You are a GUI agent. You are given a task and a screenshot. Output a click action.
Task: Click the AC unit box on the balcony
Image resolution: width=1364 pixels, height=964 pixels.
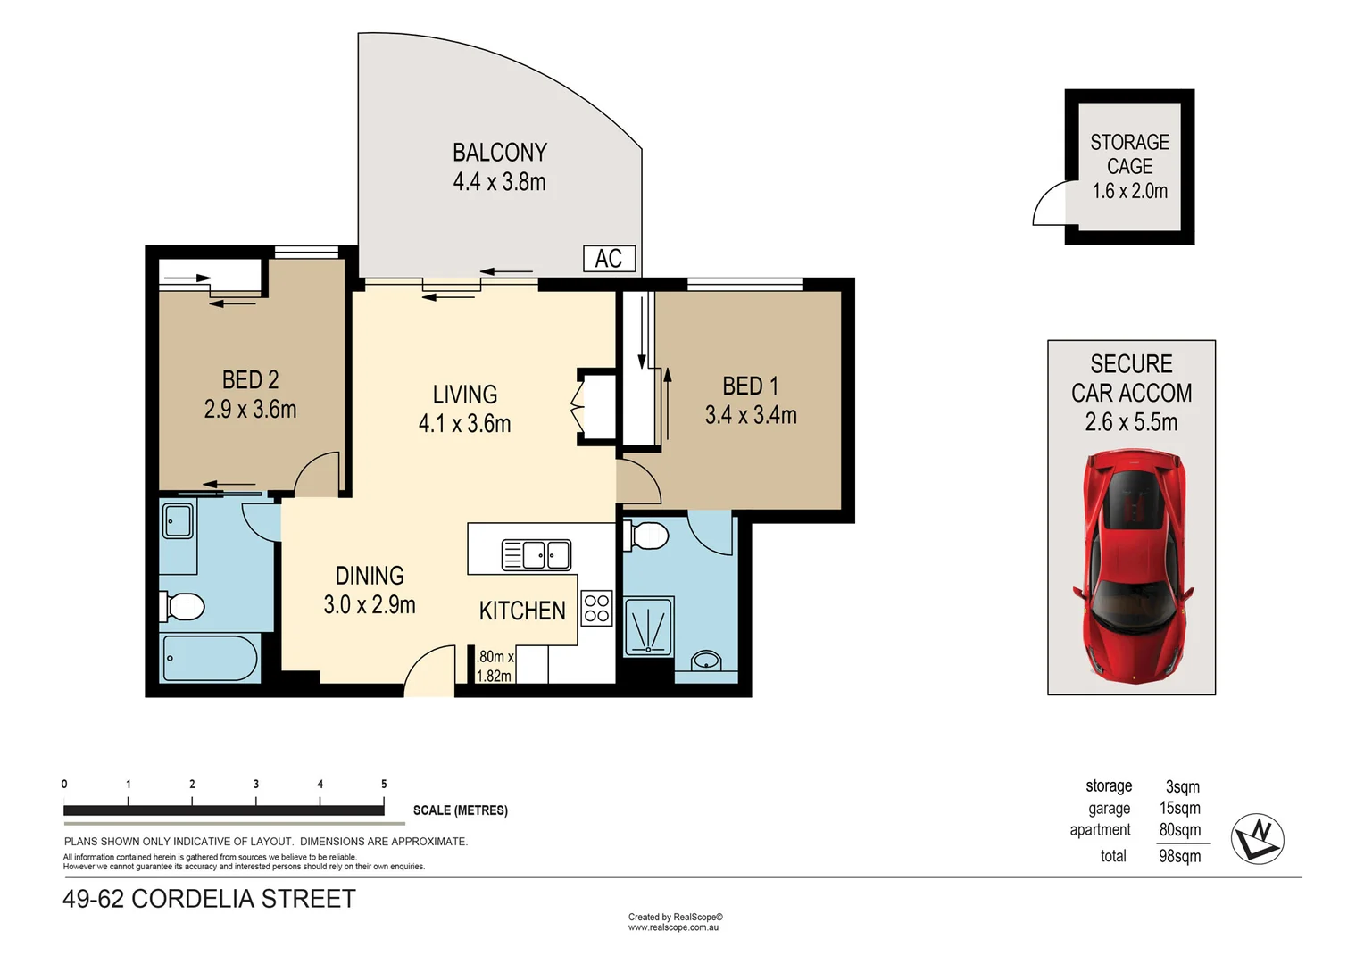[x=609, y=259]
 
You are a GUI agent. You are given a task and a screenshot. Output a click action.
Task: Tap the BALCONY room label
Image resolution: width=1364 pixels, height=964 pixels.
[x=499, y=153]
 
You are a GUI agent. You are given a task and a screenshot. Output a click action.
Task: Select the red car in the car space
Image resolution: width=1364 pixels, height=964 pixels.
[x=1133, y=566]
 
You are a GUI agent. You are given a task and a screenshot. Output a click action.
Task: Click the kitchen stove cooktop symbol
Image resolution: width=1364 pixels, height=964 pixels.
[x=596, y=608]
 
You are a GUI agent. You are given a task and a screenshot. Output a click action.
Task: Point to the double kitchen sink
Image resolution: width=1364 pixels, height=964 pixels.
[x=536, y=554]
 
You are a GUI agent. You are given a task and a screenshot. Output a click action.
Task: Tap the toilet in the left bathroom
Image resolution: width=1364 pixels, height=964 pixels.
[x=183, y=607]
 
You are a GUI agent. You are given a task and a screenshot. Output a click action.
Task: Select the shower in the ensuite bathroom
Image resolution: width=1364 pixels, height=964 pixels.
[x=648, y=627]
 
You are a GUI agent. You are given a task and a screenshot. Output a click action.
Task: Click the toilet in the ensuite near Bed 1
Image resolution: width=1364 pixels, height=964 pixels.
[x=647, y=536]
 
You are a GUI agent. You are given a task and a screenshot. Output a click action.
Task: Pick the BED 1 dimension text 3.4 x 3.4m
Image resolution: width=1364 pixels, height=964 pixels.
[x=751, y=415]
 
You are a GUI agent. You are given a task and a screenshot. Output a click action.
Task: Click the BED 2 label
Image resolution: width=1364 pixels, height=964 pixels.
[x=250, y=380]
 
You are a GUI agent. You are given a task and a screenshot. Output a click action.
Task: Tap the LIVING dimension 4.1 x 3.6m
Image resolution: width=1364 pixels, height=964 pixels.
[x=464, y=424]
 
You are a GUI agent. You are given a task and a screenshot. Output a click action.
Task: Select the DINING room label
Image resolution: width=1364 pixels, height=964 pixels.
[x=370, y=576]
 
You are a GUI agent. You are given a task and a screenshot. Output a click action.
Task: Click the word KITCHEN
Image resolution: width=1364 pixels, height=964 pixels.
[x=522, y=611]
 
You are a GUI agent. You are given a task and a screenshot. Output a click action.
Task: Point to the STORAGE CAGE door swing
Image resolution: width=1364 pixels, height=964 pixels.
[x=1050, y=204]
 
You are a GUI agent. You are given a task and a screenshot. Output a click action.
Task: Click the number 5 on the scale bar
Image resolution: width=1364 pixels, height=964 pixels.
[x=384, y=785]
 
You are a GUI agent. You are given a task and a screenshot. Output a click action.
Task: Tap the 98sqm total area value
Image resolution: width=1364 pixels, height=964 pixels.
[x=1179, y=857]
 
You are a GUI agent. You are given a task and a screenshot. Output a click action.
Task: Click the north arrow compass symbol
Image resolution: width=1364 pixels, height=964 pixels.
[x=1257, y=839]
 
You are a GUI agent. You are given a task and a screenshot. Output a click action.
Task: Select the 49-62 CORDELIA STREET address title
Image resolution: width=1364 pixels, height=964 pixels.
[x=209, y=899]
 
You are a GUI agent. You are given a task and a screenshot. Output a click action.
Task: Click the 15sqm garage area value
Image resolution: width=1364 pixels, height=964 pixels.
[x=1179, y=809]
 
